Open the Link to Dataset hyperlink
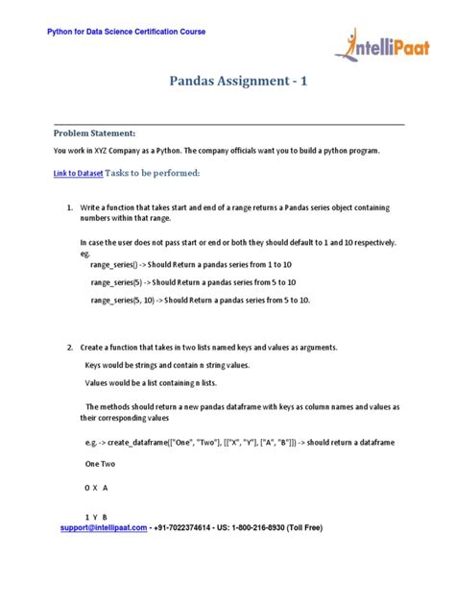click(x=78, y=173)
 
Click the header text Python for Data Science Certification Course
click(x=127, y=32)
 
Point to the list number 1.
click(x=70, y=207)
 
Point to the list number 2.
click(x=70, y=346)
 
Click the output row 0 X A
click(x=96, y=488)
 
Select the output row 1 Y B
click(x=96, y=517)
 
